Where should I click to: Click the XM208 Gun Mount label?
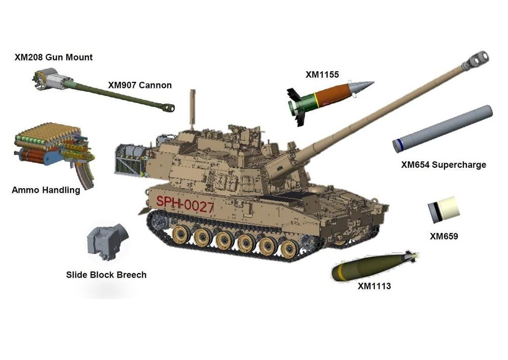click(53, 57)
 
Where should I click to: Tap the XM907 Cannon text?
click(140, 85)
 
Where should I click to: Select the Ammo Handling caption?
click(46, 190)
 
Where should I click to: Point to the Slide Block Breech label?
click(106, 275)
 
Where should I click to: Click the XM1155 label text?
click(323, 75)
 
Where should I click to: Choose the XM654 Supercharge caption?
click(443, 165)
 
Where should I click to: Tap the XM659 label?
click(444, 236)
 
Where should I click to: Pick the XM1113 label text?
click(374, 286)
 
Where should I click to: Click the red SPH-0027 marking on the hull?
click(185, 204)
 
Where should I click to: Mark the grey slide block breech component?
click(106, 242)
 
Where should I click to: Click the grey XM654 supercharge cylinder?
click(442, 129)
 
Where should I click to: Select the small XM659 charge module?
click(443, 209)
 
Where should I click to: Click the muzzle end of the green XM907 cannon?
click(169, 107)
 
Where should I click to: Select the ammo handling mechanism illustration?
click(54, 153)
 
